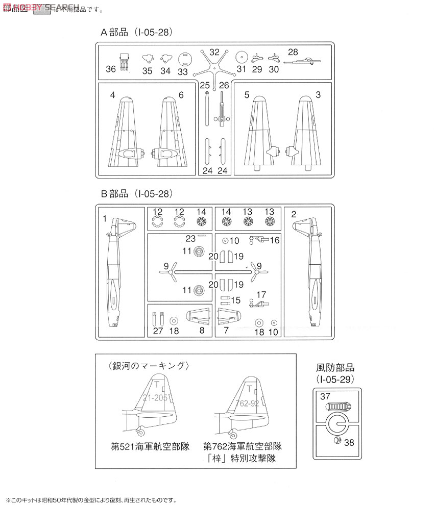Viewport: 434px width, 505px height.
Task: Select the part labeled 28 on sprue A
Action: pyautogui.click(x=303, y=61)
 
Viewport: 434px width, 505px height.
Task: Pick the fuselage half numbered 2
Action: pyautogui.click(x=312, y=275)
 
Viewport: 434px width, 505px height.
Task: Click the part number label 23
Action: pyautogui.click(x=191, y=237)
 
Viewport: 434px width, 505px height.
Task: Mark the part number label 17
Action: pyautogui.click(x=261, y=294)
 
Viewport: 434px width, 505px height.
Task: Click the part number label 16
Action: pyautogui.click(x=275, y=240)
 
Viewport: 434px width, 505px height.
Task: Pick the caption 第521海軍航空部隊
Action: pyautogui.click(x=150, y=446)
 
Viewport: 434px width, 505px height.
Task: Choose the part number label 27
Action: pyautogui.click(x=157, y=332)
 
